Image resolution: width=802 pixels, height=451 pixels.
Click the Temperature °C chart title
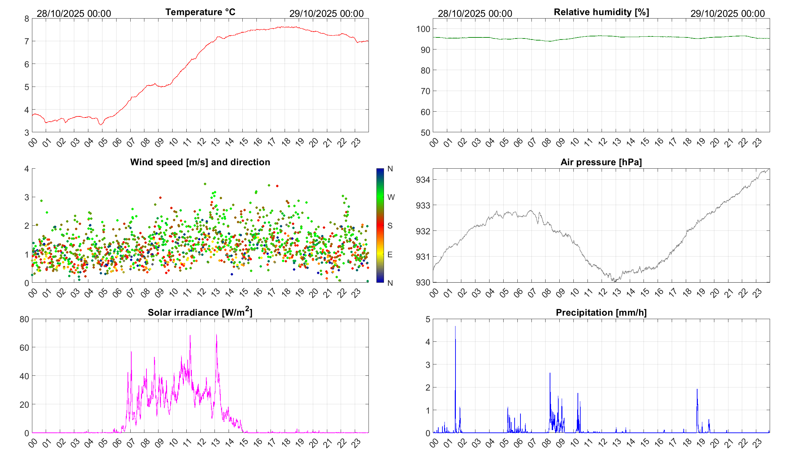click(200, 12)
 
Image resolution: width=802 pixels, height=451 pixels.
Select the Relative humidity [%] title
click(601, 12)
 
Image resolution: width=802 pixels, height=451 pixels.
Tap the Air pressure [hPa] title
click(601, 162)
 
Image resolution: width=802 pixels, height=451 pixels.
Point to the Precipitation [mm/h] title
click(601, 313)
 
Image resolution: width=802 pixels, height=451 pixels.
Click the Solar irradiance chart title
click(200, 312)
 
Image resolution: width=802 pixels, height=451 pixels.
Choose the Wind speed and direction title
click(200, 162)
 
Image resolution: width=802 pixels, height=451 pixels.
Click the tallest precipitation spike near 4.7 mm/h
click(455, 327)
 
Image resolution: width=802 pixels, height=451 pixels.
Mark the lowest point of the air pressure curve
click(615, 282)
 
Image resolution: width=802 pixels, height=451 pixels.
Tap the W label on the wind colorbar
click(391, 197)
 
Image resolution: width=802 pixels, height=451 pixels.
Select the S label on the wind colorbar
click(390, 226)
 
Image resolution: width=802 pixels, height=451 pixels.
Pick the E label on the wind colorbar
click(390, 255)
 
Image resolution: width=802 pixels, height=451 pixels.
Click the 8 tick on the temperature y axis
click(27, 19)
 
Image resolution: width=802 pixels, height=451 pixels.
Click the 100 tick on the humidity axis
click(423, 29)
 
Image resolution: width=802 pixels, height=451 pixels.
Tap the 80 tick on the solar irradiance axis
click(24, 319)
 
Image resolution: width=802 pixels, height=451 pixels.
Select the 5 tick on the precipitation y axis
click(428, 319)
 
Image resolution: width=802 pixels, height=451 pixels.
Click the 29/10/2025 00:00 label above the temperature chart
click(326, 13)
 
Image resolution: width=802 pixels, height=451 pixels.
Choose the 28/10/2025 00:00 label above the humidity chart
click(475, 13)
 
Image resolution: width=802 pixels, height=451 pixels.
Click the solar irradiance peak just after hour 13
click(216, 335)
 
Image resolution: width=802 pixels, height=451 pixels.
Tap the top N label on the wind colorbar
click(390, 169)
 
